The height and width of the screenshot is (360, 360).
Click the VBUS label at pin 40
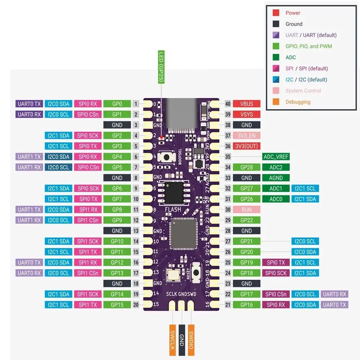coord(247,104)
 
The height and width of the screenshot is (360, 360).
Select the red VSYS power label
coord(247,114)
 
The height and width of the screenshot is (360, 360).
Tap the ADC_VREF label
coord(276,157)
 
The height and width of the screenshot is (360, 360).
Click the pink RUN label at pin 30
coord(247,210)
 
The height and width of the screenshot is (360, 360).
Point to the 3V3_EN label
coord(247,136)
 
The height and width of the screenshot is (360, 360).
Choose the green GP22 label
coord(247,220)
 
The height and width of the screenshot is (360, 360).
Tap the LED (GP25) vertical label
coord(161,68)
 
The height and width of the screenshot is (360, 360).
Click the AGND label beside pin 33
coord(276,178)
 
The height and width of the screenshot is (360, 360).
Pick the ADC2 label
coord(276,167)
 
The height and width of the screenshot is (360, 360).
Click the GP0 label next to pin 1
coord(117,104)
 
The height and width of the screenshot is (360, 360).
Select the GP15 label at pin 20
coord(117,305)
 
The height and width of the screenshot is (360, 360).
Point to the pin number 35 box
coord(228,157)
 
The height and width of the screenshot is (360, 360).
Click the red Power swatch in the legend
coord(276,13)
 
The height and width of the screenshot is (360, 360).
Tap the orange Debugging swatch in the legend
coord(276,102)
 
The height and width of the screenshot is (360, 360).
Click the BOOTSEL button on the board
coord(167,157)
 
